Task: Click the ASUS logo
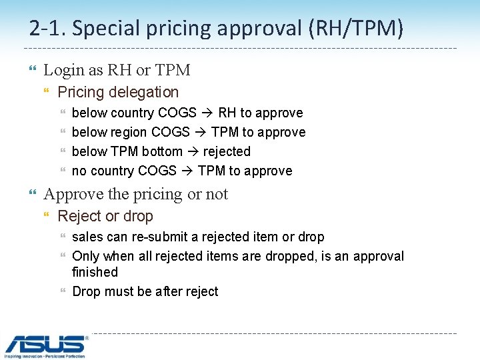click(46, 346)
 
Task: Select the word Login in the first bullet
click(63, 70)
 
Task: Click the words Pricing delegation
click(118, 92)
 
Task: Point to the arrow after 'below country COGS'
click(207, 113)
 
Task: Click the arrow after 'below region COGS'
click(201, 133)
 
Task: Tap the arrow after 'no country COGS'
click(187, 171)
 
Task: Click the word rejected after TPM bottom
click(227, 151)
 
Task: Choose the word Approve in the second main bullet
click(69, 194)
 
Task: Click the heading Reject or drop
click(105, 216)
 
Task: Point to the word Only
click(85, 256)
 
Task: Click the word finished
click(95, 272)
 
